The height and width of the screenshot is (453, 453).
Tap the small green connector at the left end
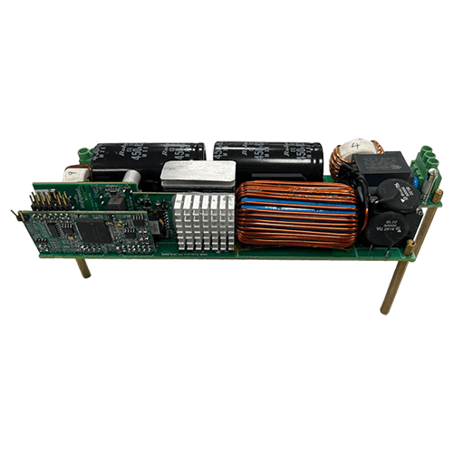click(x=84, y=156)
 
